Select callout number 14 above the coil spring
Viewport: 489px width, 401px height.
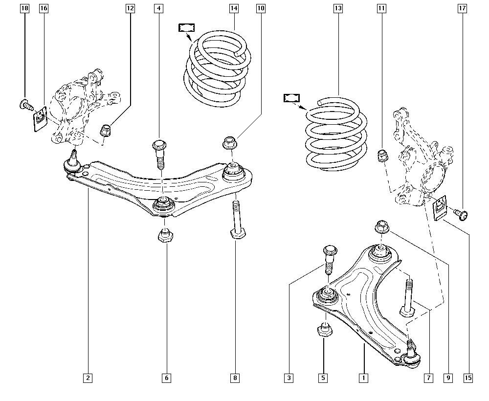(x=234, y=8)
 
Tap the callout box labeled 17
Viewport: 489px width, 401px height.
(x=462, y=8)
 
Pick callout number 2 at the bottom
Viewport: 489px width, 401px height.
(x=88, y=378)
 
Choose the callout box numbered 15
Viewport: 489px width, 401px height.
(x=468, y=378)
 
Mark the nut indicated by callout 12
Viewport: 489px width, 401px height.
(x=106, y=131)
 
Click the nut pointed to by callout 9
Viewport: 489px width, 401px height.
(x=381, y=228)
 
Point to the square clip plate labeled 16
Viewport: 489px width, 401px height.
(x=40, y=118)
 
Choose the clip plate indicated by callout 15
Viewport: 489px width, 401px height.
(x=441, y=206)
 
